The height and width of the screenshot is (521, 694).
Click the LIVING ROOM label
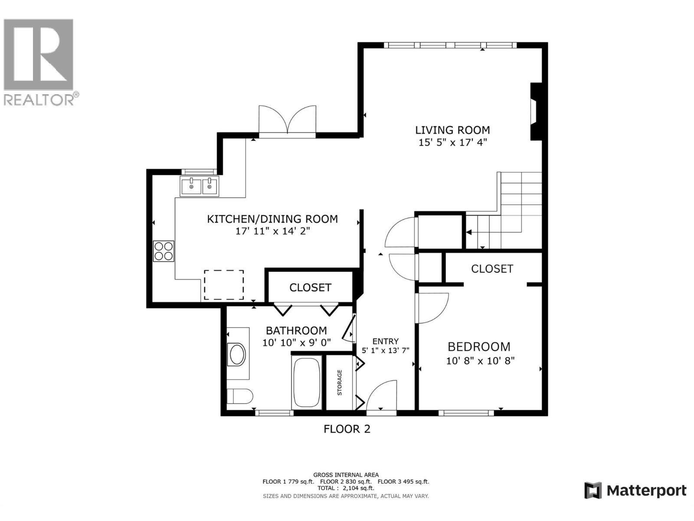pyautogui.click(x=452, y=130)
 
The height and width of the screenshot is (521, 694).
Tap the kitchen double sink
pyautogui.click(x=200, y=187)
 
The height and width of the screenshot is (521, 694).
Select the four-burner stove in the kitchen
pyautogui.click(x=164, y=251)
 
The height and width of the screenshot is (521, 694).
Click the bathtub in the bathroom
pyautogui.click(x=307, y=383)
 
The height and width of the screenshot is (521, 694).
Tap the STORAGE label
pyautogui.click(x=340, y=382)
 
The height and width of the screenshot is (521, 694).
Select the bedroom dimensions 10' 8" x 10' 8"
pyautogui.click(x=480, y=360)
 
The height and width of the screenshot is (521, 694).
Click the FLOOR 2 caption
pyautogui.click(x=347, y=429)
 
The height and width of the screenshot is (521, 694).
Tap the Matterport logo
pyautogui.click(x=635, y=491)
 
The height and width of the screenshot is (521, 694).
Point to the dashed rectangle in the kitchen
pyautogui.click(x=224, y=284)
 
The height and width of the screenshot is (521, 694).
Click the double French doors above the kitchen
pyautogui.click(x=287, y=122)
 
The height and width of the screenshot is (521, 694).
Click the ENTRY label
pyautogui.click(x=385, y=341)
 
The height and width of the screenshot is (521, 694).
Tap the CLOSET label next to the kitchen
pyautogui.click(x=310, y=287)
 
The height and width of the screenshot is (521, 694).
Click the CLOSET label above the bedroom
pyautogui.click(x=492, y=269)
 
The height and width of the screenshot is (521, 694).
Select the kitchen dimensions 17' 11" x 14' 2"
pyautogui.click(x=272, y=231)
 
